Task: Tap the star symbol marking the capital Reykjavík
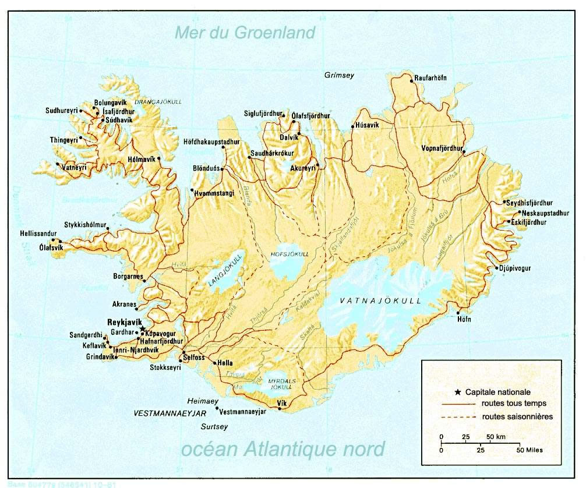pyautogui.click(x=143, y=329)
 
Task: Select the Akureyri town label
pyautogui.click(x=302, y=168)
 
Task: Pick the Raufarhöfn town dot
pyautogui.click(x=412, y=82)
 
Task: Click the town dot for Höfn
pyautogui.click(x=458, y=313)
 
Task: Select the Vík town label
pyautogui.click(x=283, y=402)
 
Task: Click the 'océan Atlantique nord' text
pyautogui.click(x=283, y=449)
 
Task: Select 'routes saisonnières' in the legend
pyautogui.click(x=517, y=416)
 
